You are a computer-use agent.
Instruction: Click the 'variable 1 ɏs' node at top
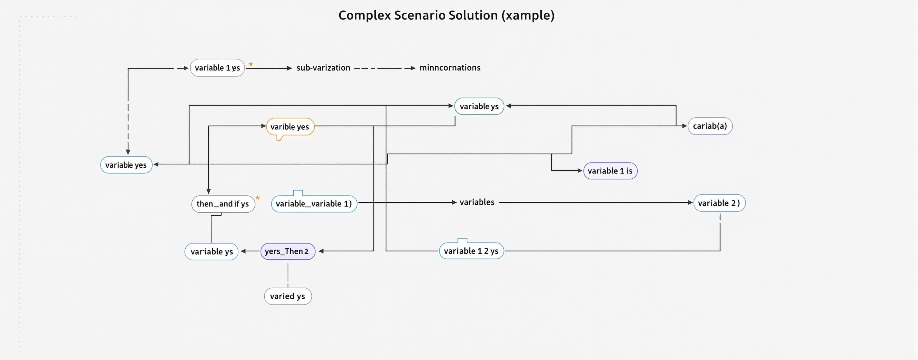[x=217, y=68]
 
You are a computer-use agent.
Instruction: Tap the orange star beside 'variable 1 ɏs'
[x=251, y=64]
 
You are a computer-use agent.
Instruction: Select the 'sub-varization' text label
[x=323, y=68]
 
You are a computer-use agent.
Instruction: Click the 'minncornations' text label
[x=450, y=68]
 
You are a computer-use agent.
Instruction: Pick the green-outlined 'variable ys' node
[x=479, y=106]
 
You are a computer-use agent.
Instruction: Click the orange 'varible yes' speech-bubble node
[x=290, y=127]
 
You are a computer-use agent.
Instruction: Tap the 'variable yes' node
[x=126, y=165]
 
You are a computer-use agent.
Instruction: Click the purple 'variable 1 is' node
[x=610, y=171]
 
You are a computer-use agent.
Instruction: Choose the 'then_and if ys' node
[x=223, y=204]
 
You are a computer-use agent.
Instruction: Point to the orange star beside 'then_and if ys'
[x=258, y=198]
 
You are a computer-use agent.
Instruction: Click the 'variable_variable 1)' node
[x=314, y=204]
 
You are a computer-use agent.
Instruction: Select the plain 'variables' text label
[x=477, y=202]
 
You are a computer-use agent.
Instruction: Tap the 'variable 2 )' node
[x=719, y=203]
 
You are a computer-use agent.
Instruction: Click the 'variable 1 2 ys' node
[x=471, y=251]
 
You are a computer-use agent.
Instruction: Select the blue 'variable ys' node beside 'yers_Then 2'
[x=211, y=252]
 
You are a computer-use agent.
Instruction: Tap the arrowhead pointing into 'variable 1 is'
[x=580, y=171]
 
